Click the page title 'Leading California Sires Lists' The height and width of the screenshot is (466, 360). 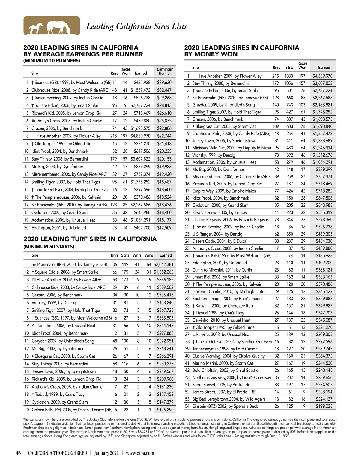point(136,26)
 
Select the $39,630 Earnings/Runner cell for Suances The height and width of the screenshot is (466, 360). point(164,82)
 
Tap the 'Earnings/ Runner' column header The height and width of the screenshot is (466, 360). point(165,71)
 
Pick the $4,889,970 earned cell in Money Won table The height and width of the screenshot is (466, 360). point(322,76)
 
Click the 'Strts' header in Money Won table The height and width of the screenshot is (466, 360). point(289,68)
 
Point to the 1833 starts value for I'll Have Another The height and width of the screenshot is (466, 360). point(289,76)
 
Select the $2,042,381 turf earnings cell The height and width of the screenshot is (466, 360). point(163,264)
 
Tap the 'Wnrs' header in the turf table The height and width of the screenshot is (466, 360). point(137,255)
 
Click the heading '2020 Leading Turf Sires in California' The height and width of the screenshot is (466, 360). point(90,239)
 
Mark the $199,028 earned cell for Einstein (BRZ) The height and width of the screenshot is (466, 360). point(324,406)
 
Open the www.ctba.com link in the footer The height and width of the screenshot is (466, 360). point(140,453)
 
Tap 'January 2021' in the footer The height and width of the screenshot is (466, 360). point(106,453)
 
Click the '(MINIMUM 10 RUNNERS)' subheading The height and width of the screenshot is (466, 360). point(52,61)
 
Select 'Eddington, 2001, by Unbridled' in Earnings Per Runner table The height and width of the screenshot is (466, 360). point(59,228)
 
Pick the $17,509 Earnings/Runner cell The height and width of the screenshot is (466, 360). point(164,228)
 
